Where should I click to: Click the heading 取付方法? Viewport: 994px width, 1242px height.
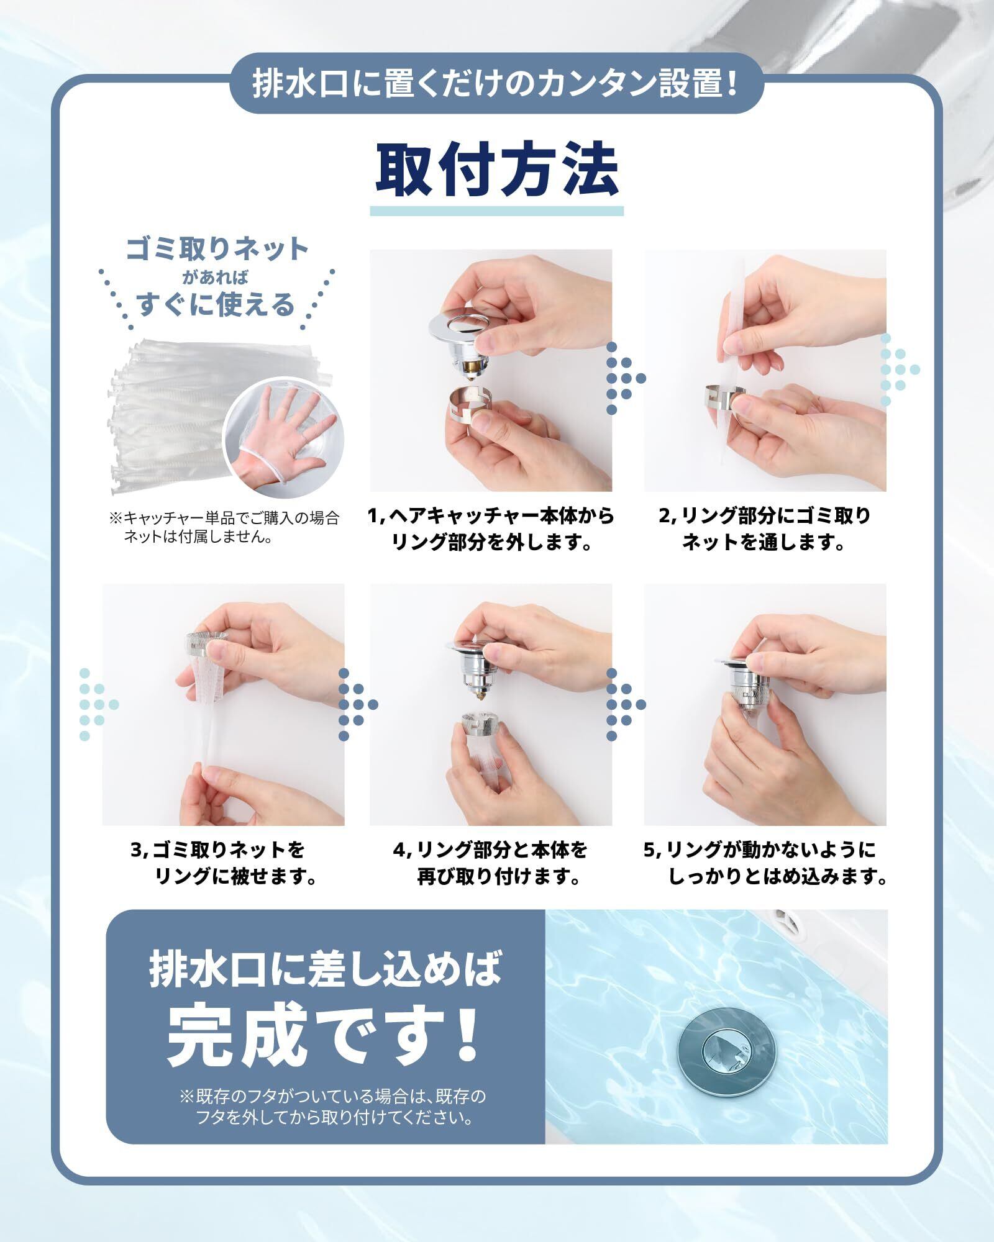[x=497, y=170]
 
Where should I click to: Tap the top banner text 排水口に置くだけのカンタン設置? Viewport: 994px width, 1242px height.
[x=496, y=84]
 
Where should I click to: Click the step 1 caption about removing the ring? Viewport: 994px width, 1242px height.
[x=491, y=529]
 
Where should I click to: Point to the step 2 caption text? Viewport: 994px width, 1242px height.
[x=765, y=529]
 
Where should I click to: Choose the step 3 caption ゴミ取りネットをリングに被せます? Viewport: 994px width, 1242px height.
[x=224, y=863]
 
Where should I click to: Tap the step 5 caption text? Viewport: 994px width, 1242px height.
[x=765, y=863]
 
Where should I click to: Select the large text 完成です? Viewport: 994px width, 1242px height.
[x=323, y=1035]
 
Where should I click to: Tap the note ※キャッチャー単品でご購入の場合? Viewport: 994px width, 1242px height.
[x=224, y=527]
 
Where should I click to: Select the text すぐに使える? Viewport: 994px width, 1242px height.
[x=216, y=305]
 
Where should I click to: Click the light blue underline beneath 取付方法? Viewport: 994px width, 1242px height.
[x=497, y=211]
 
